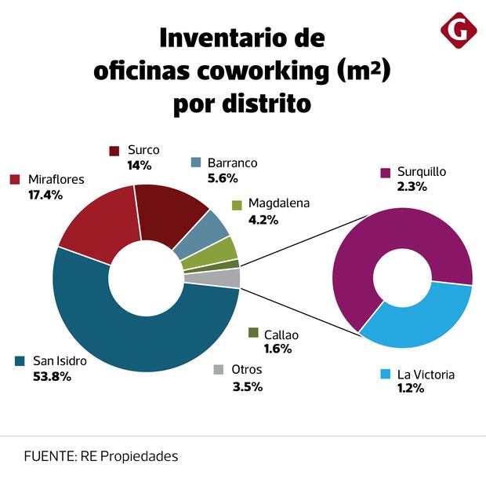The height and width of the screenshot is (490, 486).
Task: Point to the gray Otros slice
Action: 228,277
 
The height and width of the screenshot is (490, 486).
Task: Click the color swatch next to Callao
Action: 252,333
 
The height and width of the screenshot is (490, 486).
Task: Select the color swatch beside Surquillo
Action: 385,172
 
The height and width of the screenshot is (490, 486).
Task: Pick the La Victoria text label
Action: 426,374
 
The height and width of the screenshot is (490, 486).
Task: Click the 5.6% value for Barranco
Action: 223,178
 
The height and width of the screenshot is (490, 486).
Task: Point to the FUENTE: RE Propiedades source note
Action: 100,455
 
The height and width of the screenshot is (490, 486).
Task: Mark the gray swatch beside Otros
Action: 218,370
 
